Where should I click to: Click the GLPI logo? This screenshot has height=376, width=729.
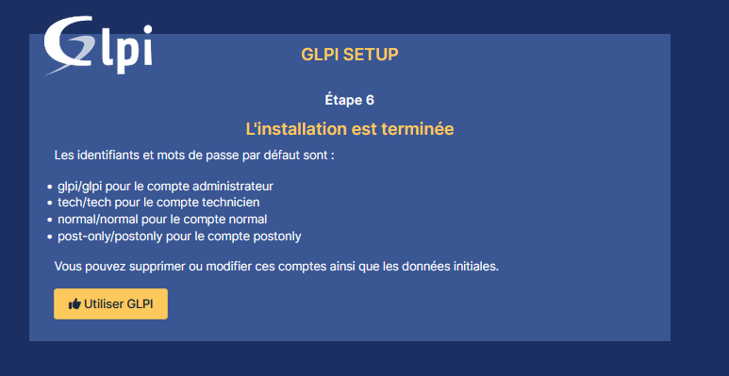(98, 45)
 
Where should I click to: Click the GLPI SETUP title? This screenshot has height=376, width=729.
(350, 55)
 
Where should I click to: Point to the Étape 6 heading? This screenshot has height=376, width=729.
(349, 100)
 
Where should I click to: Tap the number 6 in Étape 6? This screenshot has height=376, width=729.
(370, 101)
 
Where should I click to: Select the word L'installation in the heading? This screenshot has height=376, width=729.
(297, 129)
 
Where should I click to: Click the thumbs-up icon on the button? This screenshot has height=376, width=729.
(75, 304)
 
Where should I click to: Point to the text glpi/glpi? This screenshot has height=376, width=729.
(79, 187)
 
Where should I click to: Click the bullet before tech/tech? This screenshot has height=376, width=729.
(50, 204)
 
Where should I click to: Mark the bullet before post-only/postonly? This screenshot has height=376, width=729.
(50, 237)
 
